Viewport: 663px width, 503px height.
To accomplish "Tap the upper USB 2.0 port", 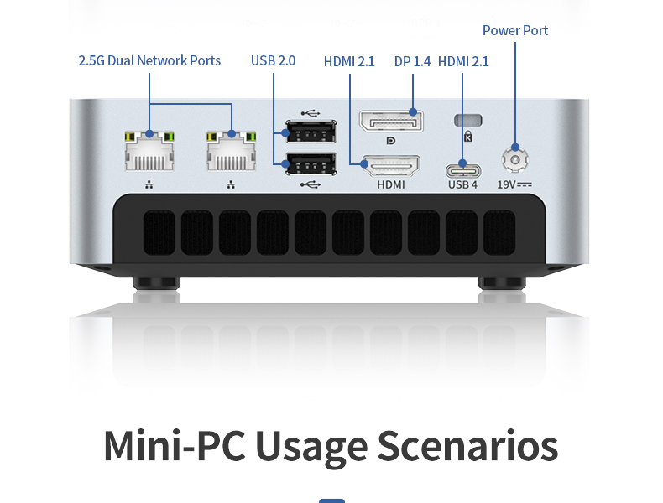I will [x=311, y=132].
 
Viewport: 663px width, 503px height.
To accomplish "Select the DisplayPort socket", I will [x=390, y=121].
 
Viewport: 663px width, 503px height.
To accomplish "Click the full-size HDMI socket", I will [x=390, y=165].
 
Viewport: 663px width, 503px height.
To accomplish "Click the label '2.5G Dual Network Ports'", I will [x=149, y=60].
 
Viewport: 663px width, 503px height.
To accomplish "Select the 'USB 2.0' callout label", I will [x=274, y=60].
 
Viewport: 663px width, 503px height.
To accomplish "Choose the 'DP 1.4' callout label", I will [x=412, y=61].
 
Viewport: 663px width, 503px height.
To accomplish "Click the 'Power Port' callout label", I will [x=515, y=30].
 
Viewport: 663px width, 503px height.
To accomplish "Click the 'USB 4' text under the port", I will [x=462, y=184].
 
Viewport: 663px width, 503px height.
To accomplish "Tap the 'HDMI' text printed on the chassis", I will [x=390, y=184].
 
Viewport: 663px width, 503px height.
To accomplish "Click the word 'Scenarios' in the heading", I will [x=467, y=446].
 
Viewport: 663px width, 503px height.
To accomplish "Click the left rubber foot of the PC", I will [x=156, y=283].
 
